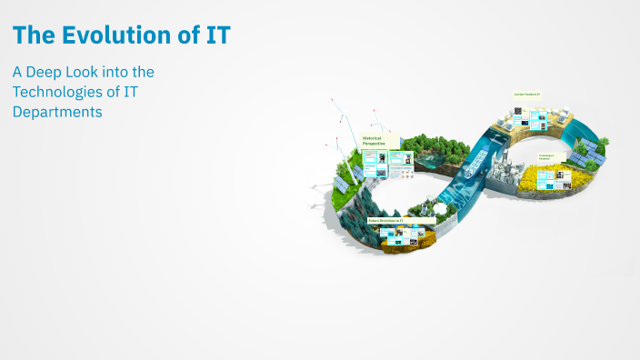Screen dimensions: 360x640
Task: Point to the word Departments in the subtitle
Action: coord(56,112)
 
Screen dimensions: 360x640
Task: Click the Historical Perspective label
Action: coord(375,141)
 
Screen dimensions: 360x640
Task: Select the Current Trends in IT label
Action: coord(527,95)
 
